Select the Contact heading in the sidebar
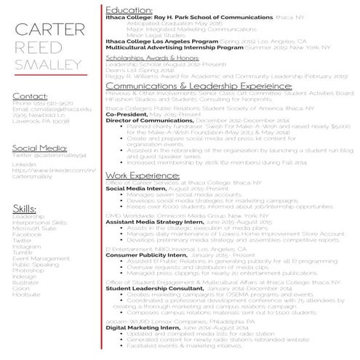30,96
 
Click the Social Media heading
40,148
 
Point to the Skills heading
25,209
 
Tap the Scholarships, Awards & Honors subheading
152,57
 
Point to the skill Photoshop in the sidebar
27,256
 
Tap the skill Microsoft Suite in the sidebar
33,228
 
